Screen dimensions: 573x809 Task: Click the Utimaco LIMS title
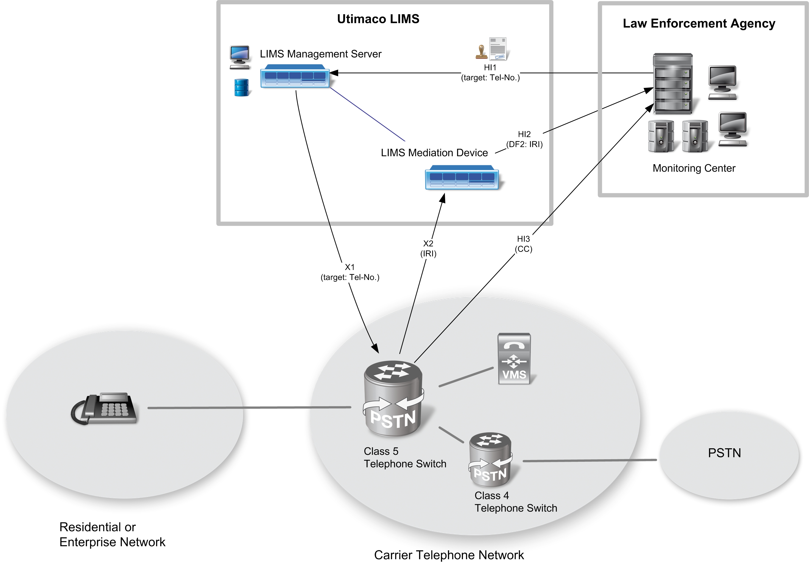tap(378, 19)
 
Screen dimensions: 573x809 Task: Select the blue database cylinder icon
tap(241, 87)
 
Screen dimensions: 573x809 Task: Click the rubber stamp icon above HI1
tap(481, 52)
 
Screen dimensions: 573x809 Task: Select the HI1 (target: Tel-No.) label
tap(490, 72)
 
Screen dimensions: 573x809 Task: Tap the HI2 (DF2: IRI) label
tap(524, 139)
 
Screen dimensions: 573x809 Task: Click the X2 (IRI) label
tap(428, 248)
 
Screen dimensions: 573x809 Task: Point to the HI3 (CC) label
tap(523, 244)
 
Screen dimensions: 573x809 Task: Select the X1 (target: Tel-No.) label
tap(350, 272)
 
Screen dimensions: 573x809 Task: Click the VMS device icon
tap(514, 358)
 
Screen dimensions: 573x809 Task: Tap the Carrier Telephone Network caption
tap(449, 555)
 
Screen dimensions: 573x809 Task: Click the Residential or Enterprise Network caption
tap(112, 534)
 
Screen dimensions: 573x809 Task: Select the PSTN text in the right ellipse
tap(724, 453)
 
